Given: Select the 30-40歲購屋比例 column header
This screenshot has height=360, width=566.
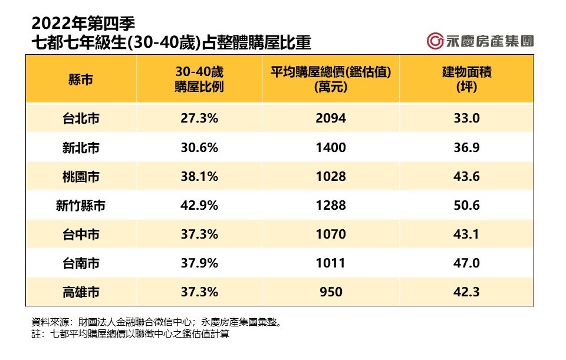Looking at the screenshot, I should (199, 79).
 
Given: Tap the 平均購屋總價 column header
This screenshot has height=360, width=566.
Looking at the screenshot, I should (331, 79).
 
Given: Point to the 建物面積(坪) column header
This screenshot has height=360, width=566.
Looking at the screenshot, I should (467, 79).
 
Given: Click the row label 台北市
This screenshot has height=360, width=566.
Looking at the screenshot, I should (81, 118).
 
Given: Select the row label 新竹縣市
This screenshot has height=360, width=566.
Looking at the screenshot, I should (81, 206).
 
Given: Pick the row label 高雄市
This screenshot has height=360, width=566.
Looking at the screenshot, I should (81, 292).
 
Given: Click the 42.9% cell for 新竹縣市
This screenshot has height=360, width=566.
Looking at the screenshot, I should (199, 206).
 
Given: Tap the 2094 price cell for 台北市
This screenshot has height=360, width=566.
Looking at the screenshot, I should (331, 118).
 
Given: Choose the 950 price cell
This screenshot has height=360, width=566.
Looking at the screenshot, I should (331, 292).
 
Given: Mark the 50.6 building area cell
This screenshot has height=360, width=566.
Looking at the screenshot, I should (467, 206).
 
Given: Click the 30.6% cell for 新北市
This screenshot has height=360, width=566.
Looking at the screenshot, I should (199, 147).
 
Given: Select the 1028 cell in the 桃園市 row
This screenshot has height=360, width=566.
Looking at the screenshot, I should (331, 176).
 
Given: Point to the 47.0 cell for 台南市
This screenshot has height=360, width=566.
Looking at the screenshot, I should (467, 263).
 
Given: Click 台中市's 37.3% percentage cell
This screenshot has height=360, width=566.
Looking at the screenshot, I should (199, 235).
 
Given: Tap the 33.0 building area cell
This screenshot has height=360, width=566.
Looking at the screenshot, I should (467, 118).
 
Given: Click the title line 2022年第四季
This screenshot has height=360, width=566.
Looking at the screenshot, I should (83, 23).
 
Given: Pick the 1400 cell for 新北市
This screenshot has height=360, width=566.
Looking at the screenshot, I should (331, 147).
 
